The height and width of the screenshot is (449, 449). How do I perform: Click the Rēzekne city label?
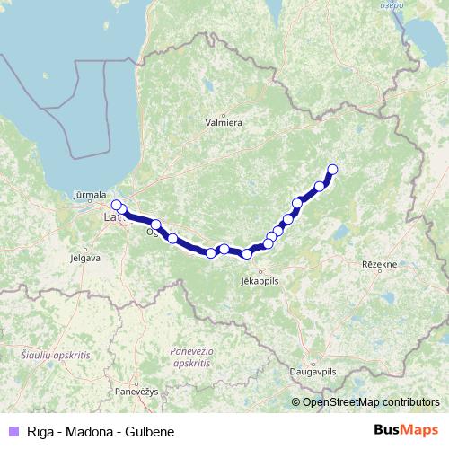click(x=379, y=264)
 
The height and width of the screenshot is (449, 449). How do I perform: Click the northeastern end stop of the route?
click(x=332, y=169)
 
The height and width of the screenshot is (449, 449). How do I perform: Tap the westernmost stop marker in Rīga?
click(x=116, y=205)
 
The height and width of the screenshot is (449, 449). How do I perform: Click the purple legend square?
click(x=12, y=432)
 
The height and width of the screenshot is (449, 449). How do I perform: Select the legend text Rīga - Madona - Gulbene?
click(x=86, y=432)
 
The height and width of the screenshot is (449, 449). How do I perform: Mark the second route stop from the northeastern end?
click(x=320, y=187)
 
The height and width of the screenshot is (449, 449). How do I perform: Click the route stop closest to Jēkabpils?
click(x=247, y=254)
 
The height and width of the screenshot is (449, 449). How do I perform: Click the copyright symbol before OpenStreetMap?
click(x=296, y=402)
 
